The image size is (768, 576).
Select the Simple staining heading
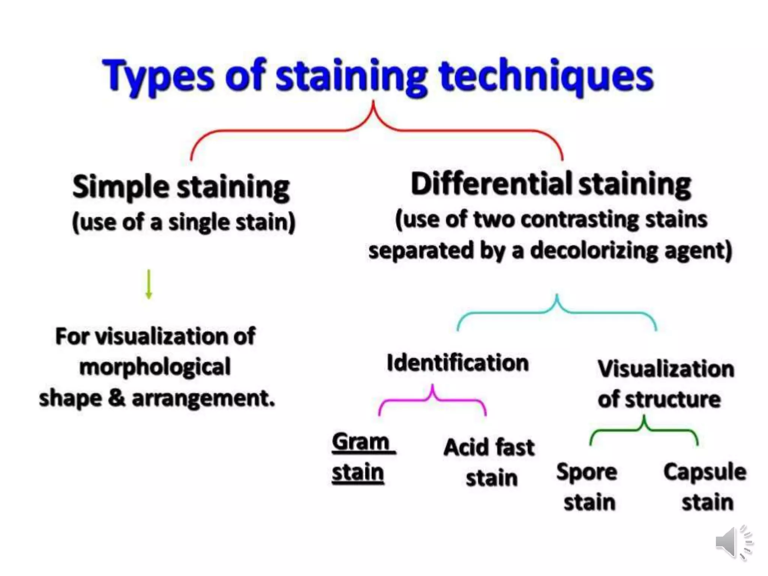181,187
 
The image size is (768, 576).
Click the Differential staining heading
550,184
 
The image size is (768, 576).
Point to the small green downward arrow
149,284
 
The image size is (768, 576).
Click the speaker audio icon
733,543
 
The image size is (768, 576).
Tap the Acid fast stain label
489,462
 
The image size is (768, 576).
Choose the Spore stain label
587,487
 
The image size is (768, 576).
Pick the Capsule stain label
705,487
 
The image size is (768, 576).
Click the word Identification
457,363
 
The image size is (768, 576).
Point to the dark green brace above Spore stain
644,430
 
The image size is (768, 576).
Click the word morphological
155,367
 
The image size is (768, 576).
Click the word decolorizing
594,250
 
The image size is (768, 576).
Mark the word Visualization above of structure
666,369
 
